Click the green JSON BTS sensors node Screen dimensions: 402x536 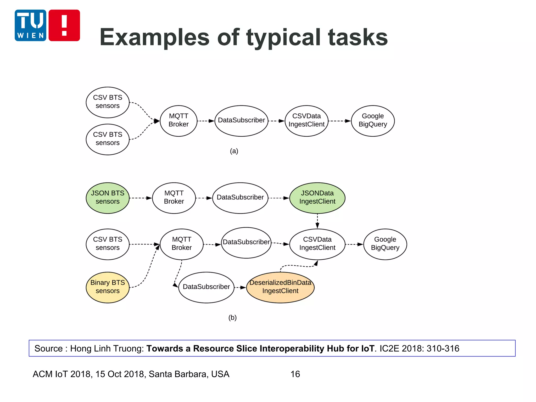click(108, 198)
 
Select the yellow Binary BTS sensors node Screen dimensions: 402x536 click(108, 287)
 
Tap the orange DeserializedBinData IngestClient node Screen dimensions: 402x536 click(280, 287)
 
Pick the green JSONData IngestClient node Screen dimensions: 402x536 click(317, 198)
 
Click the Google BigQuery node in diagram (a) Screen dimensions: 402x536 click(373, 121)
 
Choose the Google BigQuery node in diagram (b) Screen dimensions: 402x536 click(385, 244)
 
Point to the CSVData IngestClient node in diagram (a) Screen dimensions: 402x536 click(306, 121)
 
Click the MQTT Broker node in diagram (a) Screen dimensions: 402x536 click(178, 121)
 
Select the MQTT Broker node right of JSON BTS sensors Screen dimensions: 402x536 click(174, 198)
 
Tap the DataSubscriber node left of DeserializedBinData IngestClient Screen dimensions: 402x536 click(206, 287)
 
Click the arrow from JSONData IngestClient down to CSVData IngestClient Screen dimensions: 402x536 click(317, 221)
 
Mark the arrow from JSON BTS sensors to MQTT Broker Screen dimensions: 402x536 click(141, 198)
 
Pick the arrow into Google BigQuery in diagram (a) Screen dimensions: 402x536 click(339, 121)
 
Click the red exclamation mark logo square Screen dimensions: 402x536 click(64, 25)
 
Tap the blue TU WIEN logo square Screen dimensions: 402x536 click(30, 25)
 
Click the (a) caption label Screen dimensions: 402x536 click(234, 151)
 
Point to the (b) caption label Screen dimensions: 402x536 click(232, 317)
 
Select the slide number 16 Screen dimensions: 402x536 click(295, 374)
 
